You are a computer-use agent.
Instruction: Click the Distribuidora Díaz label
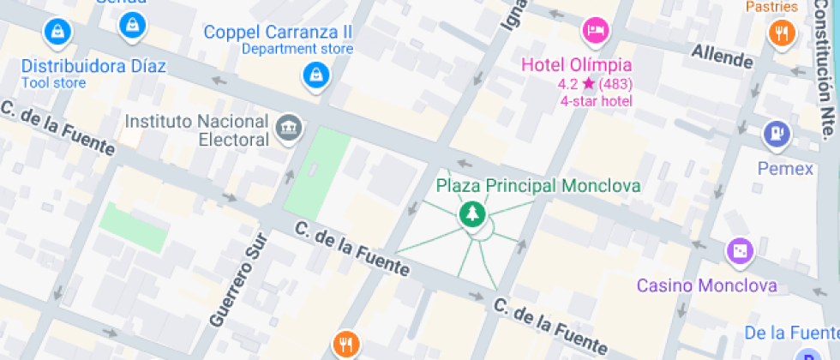point(93,66)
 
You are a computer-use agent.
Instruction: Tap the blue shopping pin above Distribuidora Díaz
point(57,33)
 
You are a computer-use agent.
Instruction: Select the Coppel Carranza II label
point(278,32)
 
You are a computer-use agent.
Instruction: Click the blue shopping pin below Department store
point(315,76)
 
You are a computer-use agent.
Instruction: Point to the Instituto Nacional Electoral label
point(197,129)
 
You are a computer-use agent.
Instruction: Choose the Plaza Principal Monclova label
point(538,185)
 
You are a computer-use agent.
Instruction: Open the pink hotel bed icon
point(595,32)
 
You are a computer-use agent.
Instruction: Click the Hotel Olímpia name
point(577,65)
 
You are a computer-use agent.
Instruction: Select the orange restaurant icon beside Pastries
point(782,33)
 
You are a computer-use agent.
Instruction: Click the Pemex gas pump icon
point(776,134)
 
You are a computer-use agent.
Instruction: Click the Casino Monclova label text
point(707,285)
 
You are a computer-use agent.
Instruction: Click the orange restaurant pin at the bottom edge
point(345,344)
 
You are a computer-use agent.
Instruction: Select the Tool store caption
point(53,83)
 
